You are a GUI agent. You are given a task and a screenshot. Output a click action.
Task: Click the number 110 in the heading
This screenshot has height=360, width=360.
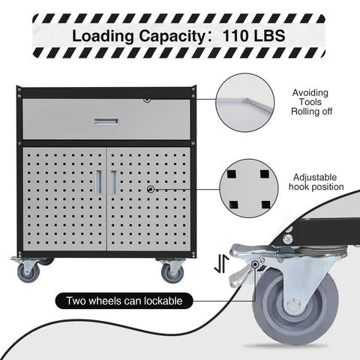[235, 36]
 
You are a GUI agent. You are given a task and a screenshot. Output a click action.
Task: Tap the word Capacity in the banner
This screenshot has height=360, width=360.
[172, 37]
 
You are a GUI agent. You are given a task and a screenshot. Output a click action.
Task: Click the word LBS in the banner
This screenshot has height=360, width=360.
[269, 36]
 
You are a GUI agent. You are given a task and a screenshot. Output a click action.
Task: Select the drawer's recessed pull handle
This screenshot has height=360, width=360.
[106, 121]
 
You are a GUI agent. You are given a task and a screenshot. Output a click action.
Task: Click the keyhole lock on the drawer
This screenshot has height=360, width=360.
[147, 100]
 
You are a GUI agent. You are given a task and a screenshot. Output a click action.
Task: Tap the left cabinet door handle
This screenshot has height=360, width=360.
[98, 182]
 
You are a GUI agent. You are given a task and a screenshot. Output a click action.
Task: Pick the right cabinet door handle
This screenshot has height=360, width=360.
[114, 182]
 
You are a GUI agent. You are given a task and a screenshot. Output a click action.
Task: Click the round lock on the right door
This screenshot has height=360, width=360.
[151, 189]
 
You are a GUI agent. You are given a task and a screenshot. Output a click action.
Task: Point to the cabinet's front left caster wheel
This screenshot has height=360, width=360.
[28, 273]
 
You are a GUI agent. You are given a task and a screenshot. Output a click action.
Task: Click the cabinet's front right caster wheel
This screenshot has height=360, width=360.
[172, 273]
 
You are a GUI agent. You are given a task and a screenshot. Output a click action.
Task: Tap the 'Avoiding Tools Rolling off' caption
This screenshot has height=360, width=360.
[311, 102]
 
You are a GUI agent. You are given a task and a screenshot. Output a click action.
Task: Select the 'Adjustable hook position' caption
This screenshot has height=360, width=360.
[316, 182]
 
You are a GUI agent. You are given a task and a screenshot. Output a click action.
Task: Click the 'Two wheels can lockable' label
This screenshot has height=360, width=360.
[124, 301]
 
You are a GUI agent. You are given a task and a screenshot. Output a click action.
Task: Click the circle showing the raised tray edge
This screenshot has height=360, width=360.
[245, 102]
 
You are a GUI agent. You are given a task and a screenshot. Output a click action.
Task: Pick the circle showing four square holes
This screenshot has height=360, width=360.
[249, 188]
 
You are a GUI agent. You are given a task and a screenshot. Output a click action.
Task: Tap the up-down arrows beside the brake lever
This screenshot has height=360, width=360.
[222, 264]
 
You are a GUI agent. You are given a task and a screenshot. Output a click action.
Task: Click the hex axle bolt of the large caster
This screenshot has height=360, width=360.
[292, 305]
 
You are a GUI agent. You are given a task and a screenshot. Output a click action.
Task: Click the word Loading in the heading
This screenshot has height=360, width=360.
[103, 37]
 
